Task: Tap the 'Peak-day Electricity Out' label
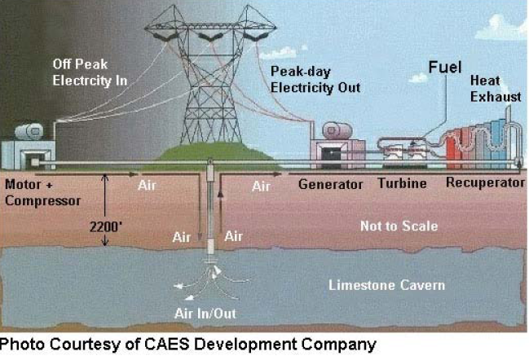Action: pyautogui.click(x=315, y=79)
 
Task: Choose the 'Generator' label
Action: pyautogui.click(x=330, y=184)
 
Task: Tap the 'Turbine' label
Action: pyautogui.click(x=402, y=184)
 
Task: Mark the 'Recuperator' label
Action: pyautogui.click(x=485, y=183)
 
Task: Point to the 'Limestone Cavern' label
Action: pyautogui.click(x=386, y=284)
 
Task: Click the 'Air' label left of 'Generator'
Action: pyautogui.click(x=260, y=187)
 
